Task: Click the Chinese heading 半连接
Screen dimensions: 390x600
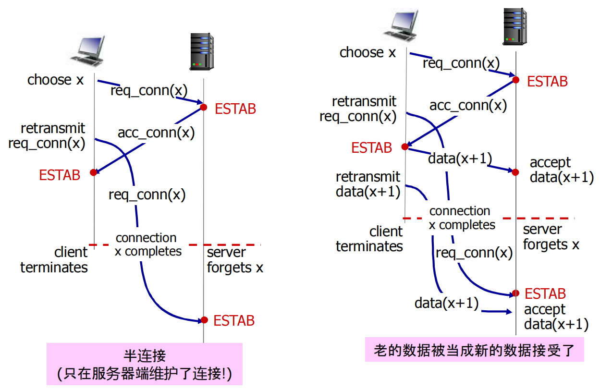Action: tap(145, 356)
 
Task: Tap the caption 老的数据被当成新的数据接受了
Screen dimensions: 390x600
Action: tap(474, 350)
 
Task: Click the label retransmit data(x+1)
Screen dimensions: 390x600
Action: tap(368, 184)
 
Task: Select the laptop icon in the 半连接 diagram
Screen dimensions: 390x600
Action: tap(87, 50)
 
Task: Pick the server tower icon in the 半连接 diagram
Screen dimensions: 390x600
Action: tap(202, 51)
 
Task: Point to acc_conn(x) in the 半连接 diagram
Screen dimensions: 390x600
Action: tap(156, 133)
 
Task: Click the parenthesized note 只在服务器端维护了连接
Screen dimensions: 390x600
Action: tap(144, 373)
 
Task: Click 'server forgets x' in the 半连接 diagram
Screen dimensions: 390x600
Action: tap(235, 260)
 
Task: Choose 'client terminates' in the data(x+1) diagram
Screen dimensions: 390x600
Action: tap(369, 239)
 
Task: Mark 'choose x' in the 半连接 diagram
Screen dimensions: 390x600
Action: tap(55, 80)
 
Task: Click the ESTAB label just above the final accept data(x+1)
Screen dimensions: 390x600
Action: tap(545, 293)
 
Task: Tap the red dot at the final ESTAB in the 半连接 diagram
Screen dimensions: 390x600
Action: tap(204, 320)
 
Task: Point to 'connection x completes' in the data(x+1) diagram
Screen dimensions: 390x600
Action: tap(462, 218)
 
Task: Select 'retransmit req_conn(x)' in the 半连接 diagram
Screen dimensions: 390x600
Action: tap(47, 136)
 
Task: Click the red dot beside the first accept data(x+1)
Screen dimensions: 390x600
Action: tap(515, 171)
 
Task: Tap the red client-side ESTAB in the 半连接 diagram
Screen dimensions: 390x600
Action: tap(60, 175)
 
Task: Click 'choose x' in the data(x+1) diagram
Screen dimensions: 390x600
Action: tap(367, 52)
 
